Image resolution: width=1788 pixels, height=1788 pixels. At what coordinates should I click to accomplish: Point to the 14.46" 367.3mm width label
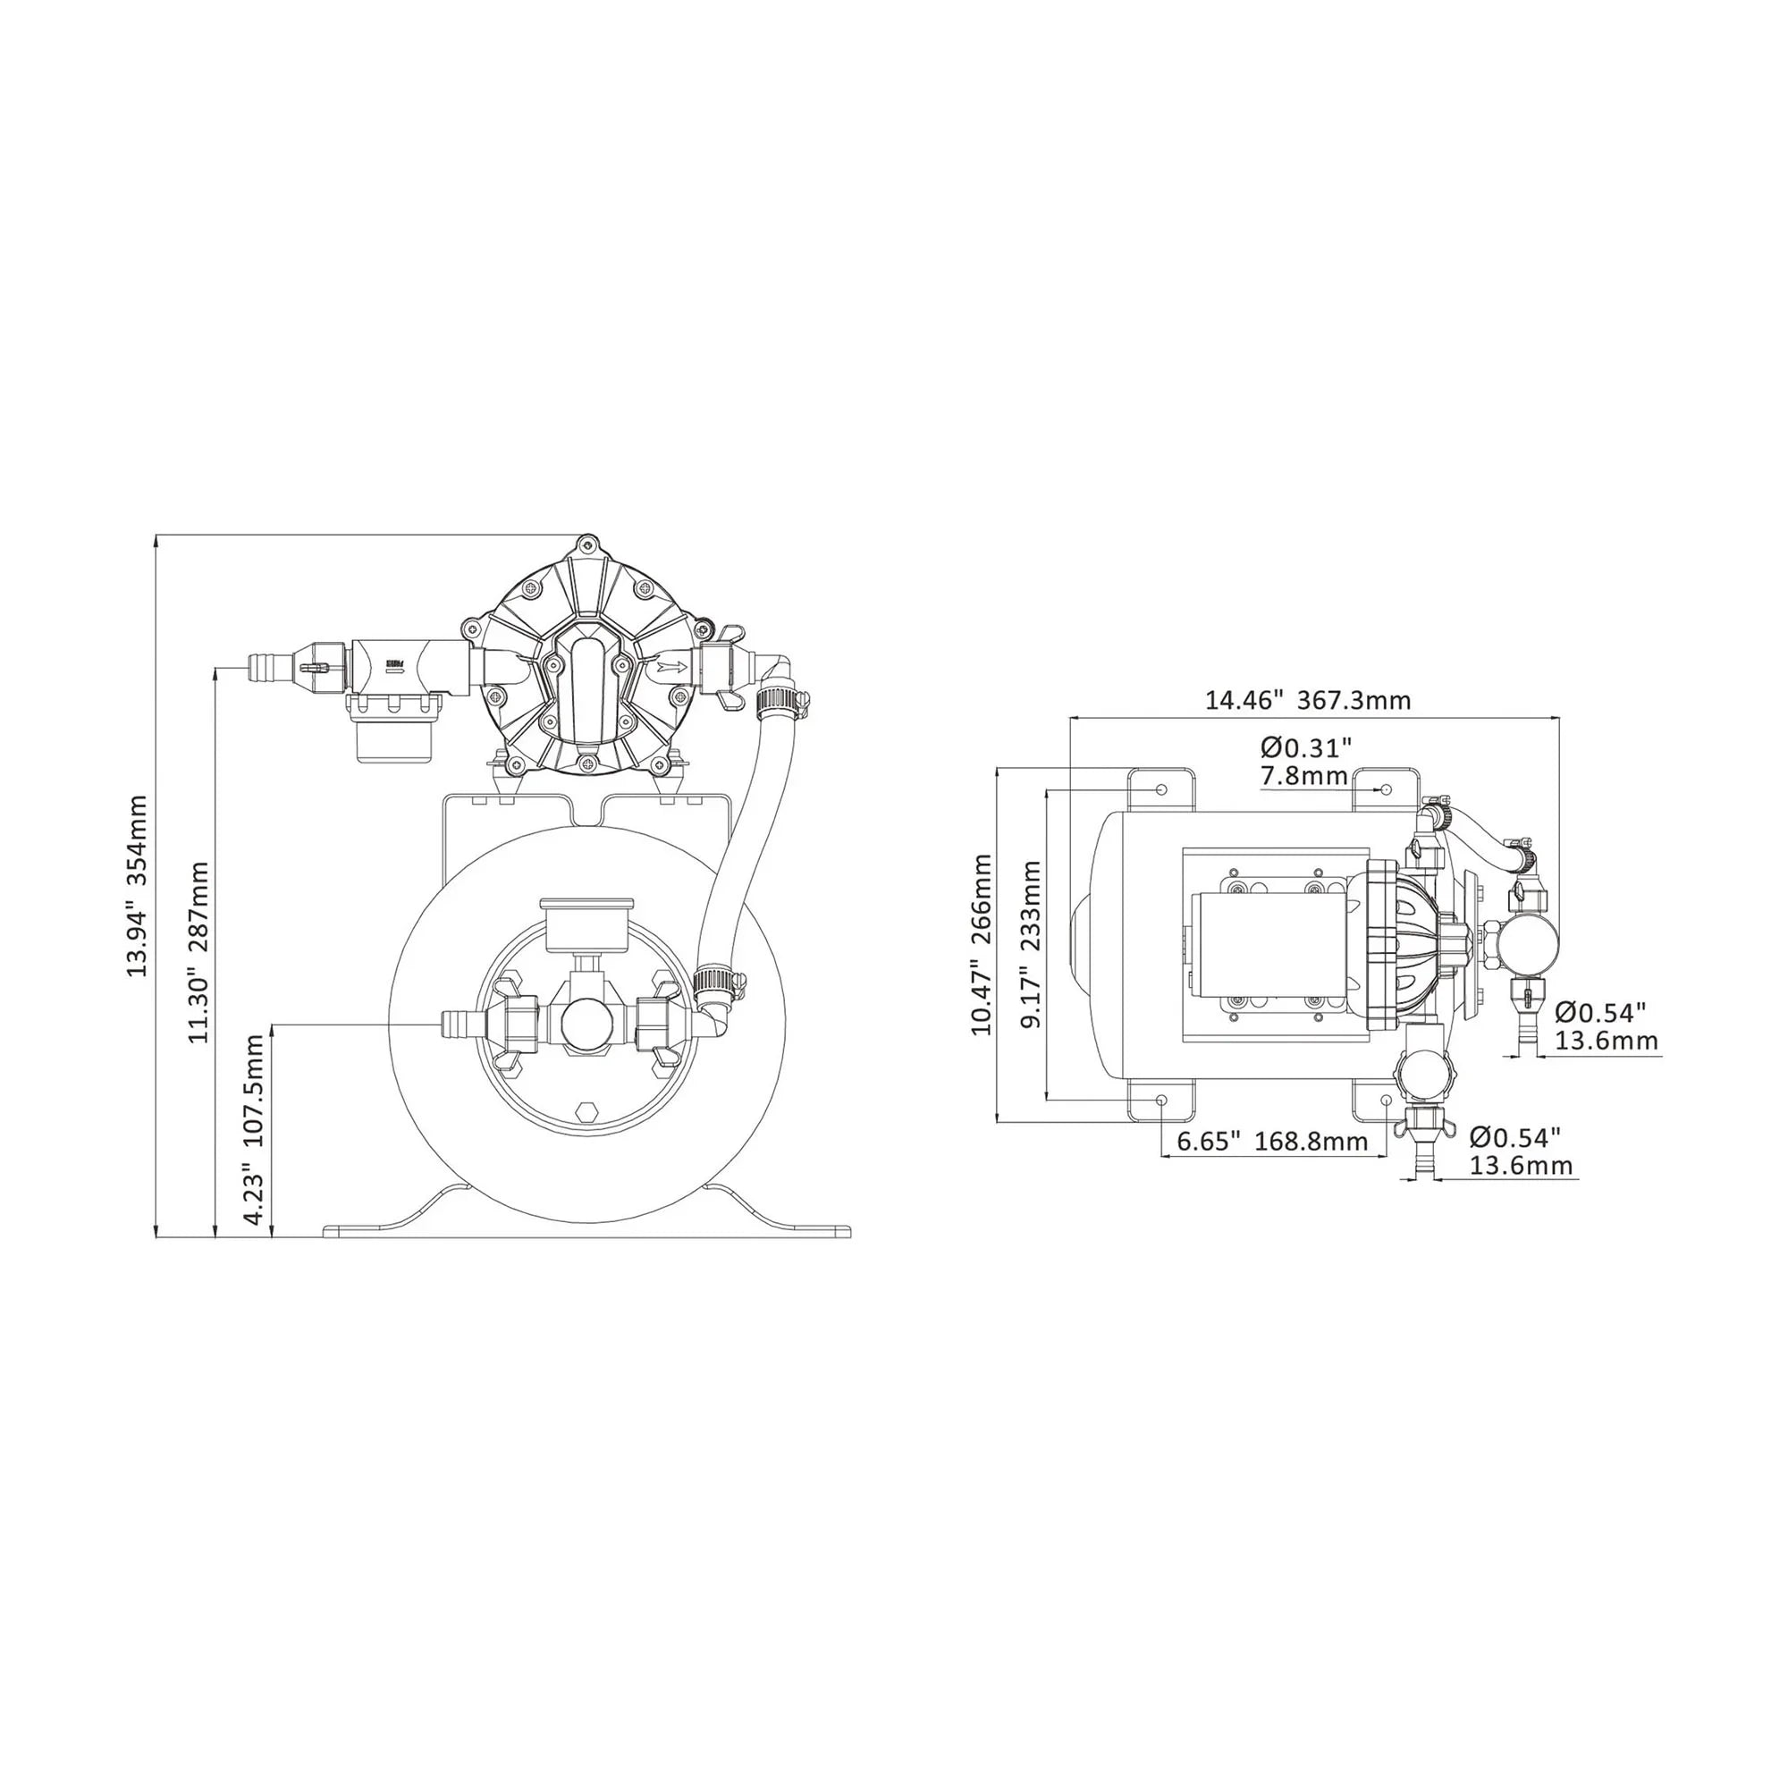pyautogui.click(x=1308, y=700)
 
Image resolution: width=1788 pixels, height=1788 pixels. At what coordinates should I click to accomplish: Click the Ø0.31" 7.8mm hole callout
pyautogui.click(x=1306, y=761)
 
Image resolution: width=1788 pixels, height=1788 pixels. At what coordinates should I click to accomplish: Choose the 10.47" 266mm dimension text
pyautogui.click(x=981, y=945)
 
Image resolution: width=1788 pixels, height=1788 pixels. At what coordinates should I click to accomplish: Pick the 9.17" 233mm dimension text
pyautogui.click(x=1032, y=944)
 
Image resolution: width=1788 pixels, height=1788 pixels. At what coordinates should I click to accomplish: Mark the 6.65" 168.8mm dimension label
pyautogui.click(x=1271, y=1141)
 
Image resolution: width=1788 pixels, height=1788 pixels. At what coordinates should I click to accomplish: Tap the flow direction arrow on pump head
pyautogui.click(x=673, y=665)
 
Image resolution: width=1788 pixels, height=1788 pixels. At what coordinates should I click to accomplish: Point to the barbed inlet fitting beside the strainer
pyautogui.click(x=268, y=665)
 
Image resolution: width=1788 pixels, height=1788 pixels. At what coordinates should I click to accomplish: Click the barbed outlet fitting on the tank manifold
pyautogui.click(x=456, y=1025)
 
